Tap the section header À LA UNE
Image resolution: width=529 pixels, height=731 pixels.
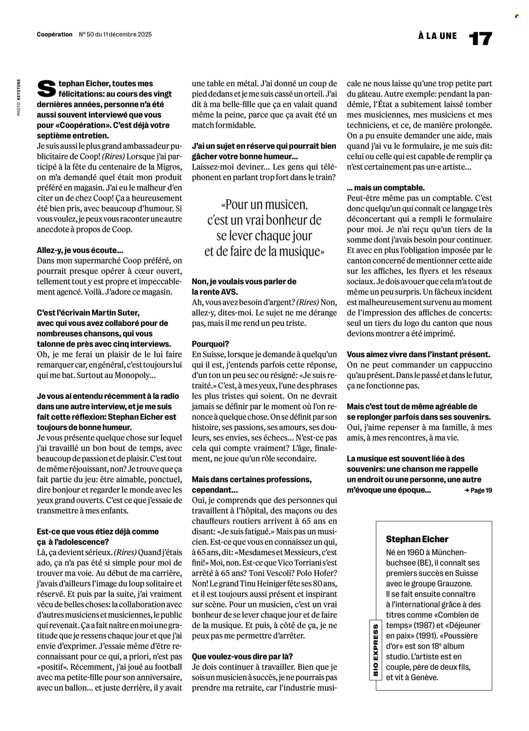click(438, 36)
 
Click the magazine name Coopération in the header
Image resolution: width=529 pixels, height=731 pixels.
click(55, 35)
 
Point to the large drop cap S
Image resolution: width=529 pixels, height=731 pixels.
click(46, 89)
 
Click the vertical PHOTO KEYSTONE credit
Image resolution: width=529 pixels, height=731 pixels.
click(19, 97)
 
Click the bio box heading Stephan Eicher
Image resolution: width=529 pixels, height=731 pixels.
click(417, 539)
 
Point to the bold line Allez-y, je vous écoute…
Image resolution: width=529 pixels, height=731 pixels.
click(80, 251)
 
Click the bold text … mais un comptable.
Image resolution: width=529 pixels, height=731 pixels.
click(386, 188)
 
